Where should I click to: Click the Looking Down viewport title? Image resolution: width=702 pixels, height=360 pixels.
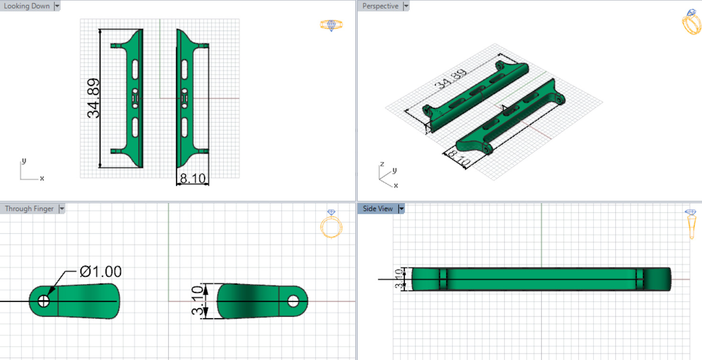coord(26,6)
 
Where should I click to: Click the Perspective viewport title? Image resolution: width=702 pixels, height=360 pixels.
coord(380,6)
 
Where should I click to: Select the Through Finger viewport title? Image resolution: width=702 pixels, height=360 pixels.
coord(29,208)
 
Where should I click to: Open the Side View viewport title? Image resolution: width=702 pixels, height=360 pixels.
coord(377,208)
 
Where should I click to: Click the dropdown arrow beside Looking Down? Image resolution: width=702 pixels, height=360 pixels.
coord(57,6)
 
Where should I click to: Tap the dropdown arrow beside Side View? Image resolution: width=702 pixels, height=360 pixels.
coord(401,208)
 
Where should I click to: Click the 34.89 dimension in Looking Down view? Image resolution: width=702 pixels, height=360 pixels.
coord(94,98)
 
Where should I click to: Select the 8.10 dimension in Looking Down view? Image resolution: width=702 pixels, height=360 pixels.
coord(192,179)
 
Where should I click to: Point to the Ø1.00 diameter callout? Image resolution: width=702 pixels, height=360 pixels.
coord(100,272)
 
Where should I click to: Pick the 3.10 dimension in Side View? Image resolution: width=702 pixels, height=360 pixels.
coord(399,279)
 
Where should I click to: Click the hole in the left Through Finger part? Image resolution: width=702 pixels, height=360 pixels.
coord(44,301)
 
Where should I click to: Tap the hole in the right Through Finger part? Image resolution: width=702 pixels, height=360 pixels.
coord(293,301)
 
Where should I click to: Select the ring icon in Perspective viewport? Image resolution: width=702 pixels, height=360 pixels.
coord(691,22)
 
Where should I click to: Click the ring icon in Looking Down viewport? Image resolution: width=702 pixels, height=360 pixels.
coord(331,25)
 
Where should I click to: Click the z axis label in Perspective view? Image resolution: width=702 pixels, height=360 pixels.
coord(382,164)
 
